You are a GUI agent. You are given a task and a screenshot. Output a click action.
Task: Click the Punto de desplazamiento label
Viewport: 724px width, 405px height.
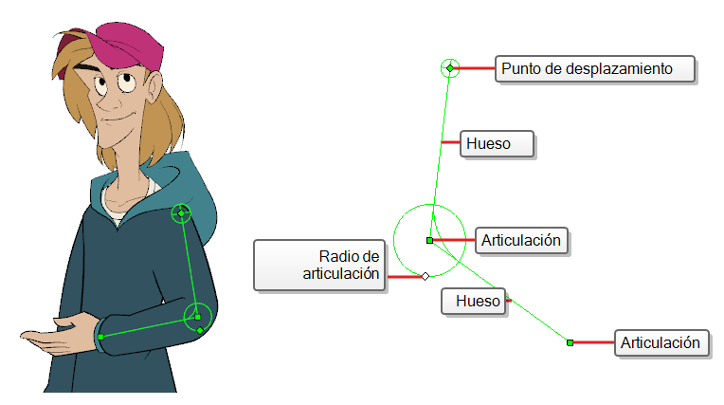coord(595,69)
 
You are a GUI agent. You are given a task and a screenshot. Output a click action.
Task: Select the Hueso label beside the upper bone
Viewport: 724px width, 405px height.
coord(497,144)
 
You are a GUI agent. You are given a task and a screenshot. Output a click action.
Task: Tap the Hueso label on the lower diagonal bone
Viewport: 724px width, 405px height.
coord(473,302)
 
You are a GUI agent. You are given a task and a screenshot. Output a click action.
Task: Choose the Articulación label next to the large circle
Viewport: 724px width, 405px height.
coord(521,240)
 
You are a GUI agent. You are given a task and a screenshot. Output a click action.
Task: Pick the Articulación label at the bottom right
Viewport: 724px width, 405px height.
coord(661,343)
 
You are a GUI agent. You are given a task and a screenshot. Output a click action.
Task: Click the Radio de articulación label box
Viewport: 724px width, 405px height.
coord(319,265)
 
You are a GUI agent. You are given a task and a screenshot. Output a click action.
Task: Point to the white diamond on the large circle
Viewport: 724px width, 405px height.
coord(425,276)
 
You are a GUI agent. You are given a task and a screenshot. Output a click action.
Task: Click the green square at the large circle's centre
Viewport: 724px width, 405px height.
coord(429,240)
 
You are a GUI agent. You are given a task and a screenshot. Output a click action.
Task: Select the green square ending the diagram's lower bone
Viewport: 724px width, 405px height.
coord(570,342)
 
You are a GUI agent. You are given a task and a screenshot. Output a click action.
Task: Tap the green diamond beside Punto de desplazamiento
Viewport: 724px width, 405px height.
coord(450,68)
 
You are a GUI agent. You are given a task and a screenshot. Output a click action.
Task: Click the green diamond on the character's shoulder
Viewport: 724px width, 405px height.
coord(181,213)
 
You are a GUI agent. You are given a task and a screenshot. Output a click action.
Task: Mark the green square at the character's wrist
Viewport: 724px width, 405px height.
coord(100,337)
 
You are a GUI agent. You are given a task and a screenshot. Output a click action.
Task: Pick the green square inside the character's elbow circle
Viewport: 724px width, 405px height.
coord(198,317)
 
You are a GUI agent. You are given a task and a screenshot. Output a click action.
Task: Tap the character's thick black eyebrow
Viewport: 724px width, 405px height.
coord(87,69)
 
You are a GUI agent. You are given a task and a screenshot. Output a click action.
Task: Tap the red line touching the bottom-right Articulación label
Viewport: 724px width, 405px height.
coord(594,342)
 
